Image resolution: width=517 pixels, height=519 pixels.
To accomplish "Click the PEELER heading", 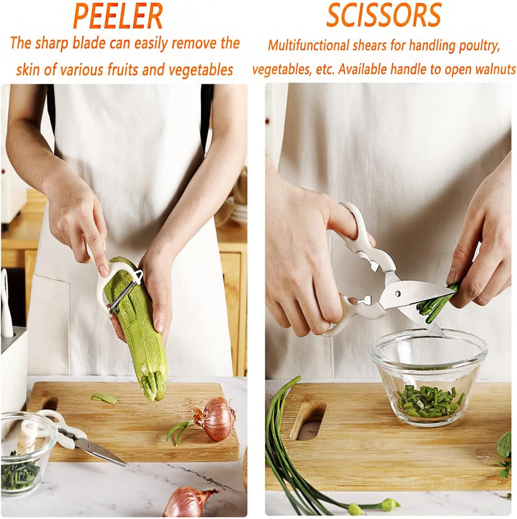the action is click(118, 16).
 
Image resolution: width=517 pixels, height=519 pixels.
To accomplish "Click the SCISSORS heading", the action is click(384, 15).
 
